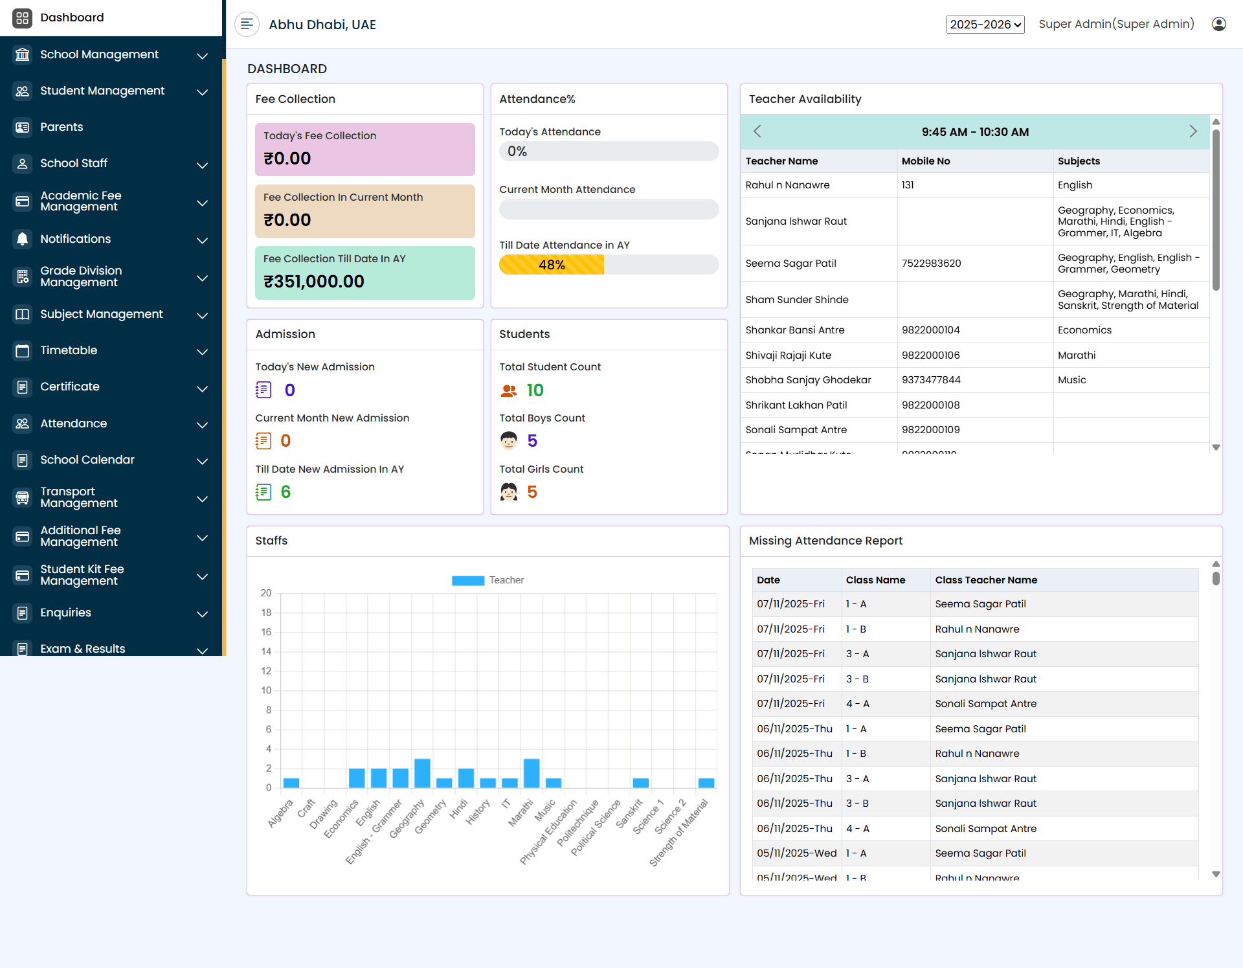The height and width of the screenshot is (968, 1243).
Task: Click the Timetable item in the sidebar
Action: pyautogui.click(x=69, y=350)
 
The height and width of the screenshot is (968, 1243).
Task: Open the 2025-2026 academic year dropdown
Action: pyautogui.click(x=985, y=25)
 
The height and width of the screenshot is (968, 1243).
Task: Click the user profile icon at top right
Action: pyautogui.click(x=1218, y=24)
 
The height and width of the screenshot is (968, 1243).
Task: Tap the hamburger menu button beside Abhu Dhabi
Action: pyautogui.click(x=247, y=25)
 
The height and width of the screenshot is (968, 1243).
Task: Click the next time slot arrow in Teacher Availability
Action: pyautogui.click(x=1193, y=131)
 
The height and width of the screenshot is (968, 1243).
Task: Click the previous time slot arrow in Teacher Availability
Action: pyautogui.click(x=757, y=131)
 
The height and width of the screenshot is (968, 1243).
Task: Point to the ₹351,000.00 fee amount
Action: pyautogui.click(x=314, y=282)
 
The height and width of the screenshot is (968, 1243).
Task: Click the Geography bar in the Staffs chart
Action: pyautogui.click(x=422, y=773)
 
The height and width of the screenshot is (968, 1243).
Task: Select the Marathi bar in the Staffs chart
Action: pyautogui.click(x=532, y=773)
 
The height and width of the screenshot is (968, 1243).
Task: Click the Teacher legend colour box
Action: pyautogui.click(x=467, y=580)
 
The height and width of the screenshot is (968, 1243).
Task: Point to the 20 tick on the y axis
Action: pyautogui.click(x=266, y=593)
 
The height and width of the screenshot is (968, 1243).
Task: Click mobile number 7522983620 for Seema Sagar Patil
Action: pyautogui.click(x=931, y=264)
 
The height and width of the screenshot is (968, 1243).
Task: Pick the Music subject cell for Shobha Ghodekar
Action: pyautogui.click(x=1072, y=380)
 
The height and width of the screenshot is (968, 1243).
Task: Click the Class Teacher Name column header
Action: pyautogui.click(x=986, y=580)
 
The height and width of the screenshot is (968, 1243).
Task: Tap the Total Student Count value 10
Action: pyautogui.click(x=535, y=390)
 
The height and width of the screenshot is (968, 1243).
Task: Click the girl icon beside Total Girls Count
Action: pyautogui.click(x=509, y=492)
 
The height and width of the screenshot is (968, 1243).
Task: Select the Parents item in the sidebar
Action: pyautogui.click(x=62, y=127)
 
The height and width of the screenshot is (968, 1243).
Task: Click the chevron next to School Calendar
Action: pyautogui.click(x=202, y=460)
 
